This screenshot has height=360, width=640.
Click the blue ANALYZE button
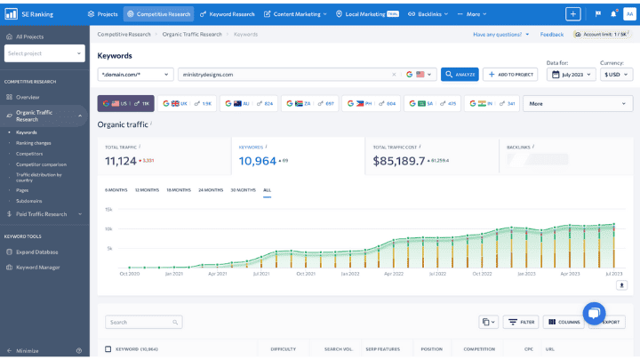pyautogui.click(x=460, y=75)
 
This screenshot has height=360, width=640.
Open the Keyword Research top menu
pyautogui.click(x=227, y=14)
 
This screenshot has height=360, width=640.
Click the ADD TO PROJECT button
pyautogui.click(x=510, y=75)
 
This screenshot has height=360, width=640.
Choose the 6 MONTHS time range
pyautogui.click(x=116, y=189)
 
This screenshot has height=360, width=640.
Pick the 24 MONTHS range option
pyautogui.click(x=211, y=189)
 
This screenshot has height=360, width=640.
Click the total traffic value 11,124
pyautogui.click(x=121, y=161)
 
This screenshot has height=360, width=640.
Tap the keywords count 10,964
pyautogui.click(x=258, y=161)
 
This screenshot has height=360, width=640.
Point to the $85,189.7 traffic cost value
pyautogui.click(x=399, y=161)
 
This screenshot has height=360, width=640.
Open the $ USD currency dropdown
pyautogui.click(x=617, y=75)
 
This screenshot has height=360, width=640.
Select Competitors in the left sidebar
pyautogui.click(x=29, y=154)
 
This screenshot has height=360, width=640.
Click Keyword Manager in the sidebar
pyautogui.click(x=38, y=267)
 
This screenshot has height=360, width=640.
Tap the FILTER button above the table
pyautogui.click(x=521, y=322)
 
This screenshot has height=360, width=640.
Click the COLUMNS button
pyautogui.click(x=564, y=322)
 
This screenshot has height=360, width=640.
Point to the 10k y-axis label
pyautogui.click(x=108, y=228)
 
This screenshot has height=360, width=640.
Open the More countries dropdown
pyautogui.click(x=578, y=103)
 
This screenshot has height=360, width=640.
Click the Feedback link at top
pyautogui.click(x=551, y=34)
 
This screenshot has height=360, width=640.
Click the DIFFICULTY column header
pyautogui.click(x=283, y=349)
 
